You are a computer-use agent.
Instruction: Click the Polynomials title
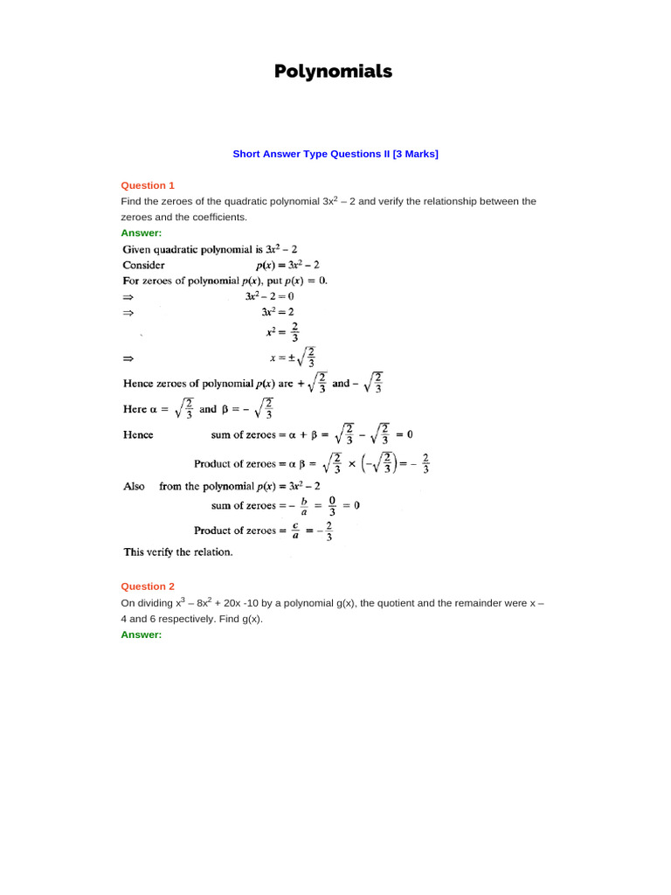[335, 72]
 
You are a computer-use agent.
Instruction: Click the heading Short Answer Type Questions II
[311, 154]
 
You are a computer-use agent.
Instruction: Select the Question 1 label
[148, 185]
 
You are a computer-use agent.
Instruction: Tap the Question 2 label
[148, 586]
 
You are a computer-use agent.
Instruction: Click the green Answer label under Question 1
[141, 233]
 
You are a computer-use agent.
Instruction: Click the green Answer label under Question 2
[141, 635]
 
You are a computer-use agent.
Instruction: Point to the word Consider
[143, 265]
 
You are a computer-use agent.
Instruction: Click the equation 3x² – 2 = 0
[269, 296]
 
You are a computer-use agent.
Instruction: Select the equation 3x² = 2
[278, 312]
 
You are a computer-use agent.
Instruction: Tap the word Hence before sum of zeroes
[138, 434]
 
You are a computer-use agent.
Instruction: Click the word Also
[134, 487]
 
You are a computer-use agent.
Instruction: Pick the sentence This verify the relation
[177, 552]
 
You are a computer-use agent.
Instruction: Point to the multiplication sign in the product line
[352, 464]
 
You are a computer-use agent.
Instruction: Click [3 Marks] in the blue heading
[415, 154]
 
